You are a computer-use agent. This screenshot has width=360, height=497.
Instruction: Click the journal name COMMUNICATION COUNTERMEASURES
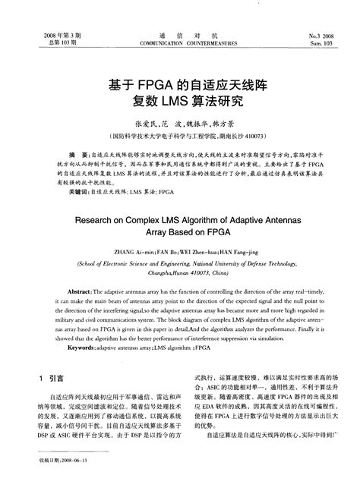181,44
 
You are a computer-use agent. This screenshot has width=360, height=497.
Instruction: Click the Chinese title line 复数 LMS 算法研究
180,101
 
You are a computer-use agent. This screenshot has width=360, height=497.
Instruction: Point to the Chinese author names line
180,123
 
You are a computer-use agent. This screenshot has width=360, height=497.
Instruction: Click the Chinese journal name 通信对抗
181,36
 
